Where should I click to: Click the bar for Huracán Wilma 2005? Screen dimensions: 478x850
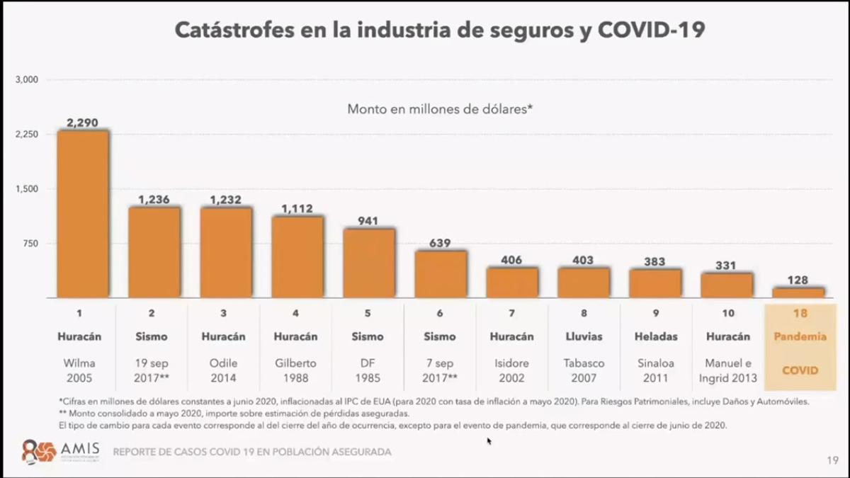(x=83, y=214)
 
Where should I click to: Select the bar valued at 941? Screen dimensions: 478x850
(x=369, y=263)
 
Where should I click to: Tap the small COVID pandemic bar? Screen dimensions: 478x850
(x=798, y=292)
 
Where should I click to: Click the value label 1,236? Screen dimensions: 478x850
(x=154, y=200)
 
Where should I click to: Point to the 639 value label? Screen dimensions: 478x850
(x=440, y=244)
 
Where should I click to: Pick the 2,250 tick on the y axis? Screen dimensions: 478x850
(x=27, y=134)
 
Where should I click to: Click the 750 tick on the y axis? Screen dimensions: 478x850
(x=31, y=244)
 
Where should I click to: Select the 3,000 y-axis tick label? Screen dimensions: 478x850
(x=27, y=79)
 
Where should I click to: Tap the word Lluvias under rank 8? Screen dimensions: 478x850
(x=583, y=336)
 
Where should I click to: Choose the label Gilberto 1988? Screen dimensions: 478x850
(x=296, y=370)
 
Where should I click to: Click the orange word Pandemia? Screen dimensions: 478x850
(x=800, y=336)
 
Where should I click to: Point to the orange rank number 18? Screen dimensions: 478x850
(x=800, y=313)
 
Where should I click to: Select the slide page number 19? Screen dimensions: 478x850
(x=832, y=460)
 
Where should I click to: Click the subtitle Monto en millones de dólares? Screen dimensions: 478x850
(x=439, y=109)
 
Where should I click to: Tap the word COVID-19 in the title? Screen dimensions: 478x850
(x=651, y=30)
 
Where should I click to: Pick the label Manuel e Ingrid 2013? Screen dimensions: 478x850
(x=727, y=370)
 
